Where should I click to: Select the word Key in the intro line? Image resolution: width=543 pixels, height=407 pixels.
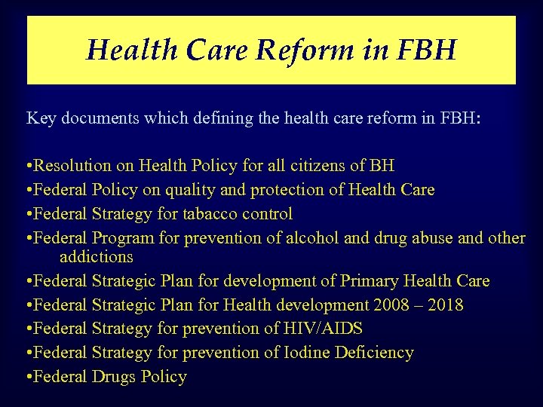[41, 118]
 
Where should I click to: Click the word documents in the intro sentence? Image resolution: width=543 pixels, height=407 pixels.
[98, 118]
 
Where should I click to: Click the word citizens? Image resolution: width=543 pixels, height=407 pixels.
[332, 166]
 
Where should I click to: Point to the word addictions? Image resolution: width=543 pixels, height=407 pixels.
[97, 257]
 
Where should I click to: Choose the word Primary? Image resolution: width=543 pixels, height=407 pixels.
[370, 281]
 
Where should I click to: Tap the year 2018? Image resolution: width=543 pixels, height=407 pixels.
[445, 305]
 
